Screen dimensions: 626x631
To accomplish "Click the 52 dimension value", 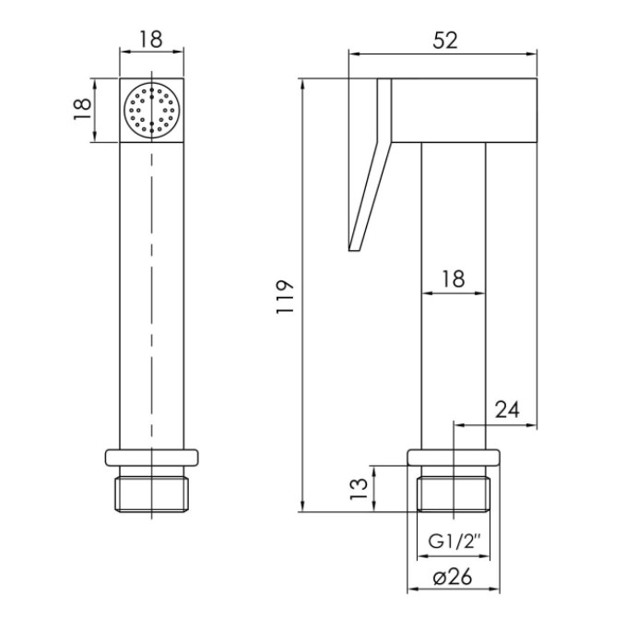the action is [445, 41].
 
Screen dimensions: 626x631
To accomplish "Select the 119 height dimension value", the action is [285, 297].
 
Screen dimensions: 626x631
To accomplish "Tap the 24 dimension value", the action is [507, 410].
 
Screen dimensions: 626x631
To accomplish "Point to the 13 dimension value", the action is [359, 489].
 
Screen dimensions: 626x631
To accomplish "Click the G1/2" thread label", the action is [455, 542].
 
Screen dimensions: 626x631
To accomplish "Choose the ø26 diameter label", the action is [453, 577].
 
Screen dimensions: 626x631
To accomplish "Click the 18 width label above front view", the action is [151, 40].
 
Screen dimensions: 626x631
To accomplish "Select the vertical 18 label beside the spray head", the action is [82, 109].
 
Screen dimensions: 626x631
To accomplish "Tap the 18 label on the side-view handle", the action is [453, 279].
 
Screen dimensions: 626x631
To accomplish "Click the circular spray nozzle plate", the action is [151, 111].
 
